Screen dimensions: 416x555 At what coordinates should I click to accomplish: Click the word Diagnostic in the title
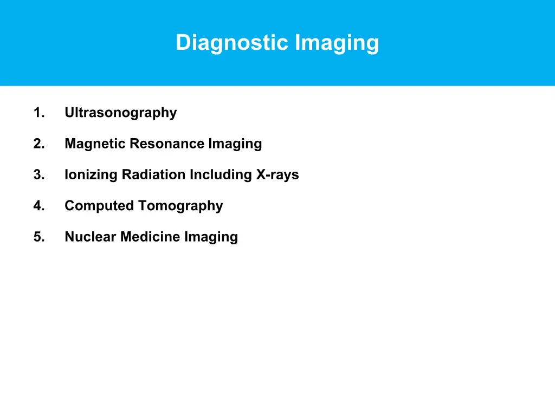(233, 42)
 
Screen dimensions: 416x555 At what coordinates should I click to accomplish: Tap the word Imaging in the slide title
(337, 42)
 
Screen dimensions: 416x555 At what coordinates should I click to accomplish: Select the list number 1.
(38, 113)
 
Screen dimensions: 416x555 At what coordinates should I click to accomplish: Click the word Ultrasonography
(120, 113)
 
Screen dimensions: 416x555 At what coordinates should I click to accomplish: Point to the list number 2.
(38, 144)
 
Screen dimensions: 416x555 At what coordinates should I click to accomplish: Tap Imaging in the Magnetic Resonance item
(235, 144)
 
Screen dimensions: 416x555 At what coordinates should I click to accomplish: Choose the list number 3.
(38, 174)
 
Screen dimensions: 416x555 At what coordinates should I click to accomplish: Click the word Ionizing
(91, 175)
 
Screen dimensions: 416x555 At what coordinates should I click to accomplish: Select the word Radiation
(154, 174)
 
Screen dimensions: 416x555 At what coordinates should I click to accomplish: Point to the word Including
(221, 175)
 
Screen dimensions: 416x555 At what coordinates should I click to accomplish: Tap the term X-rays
(277, 174)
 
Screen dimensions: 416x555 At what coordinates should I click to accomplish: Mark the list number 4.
(38, 206)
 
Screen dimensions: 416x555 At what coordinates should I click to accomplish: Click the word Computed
(99, 206)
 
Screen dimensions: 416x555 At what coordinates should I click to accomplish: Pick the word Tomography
(180, 206)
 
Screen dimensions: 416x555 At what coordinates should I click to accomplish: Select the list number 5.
(38, 237)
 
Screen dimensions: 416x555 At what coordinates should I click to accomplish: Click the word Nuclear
(91, 237)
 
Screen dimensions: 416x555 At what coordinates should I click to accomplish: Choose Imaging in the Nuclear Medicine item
(211, 237)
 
